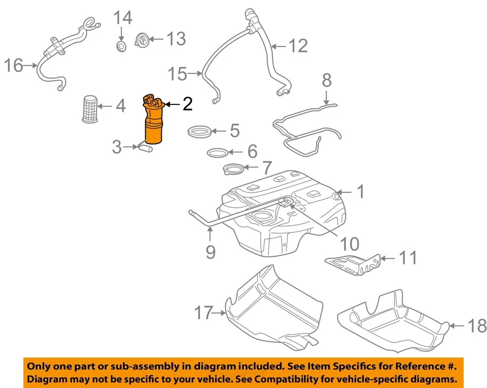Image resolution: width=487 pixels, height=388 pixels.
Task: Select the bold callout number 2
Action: click(187, 104)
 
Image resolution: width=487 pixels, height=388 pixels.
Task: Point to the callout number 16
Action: click(14, 65)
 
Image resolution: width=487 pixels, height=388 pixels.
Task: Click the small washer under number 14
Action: click(121, 47)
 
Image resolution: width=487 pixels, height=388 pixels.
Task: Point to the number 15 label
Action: click(178, 74)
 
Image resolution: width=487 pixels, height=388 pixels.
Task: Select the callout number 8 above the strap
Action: click(327, 80)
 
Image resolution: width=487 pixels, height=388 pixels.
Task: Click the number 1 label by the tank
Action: click(360, 192)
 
